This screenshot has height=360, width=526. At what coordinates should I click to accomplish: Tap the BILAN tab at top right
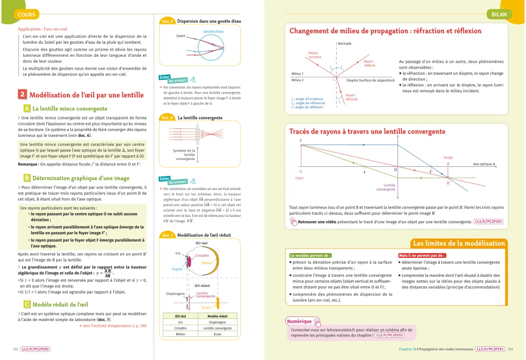499,15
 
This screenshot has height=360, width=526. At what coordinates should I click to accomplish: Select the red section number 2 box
22,95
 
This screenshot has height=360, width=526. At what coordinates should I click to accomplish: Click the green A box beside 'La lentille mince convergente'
26,108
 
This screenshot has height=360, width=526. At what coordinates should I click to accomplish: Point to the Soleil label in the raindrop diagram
181,36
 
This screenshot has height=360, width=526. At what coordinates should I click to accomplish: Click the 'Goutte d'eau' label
214,32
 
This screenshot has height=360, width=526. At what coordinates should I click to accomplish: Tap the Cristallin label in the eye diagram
203,256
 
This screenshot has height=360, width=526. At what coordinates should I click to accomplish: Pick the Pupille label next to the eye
177,269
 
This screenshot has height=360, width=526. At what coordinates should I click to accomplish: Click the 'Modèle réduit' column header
218,316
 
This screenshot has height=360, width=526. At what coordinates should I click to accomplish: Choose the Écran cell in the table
218,334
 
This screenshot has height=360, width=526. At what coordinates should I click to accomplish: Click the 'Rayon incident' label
313,54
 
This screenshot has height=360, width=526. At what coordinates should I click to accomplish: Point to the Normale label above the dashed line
345,43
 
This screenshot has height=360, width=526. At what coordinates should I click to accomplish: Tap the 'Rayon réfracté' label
350,97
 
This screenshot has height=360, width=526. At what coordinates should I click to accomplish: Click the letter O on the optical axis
395,169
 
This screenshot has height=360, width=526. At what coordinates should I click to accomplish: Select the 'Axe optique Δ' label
484,164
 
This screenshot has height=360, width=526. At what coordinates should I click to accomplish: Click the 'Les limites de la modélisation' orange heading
458,243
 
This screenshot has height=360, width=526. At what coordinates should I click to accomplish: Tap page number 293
511,349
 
